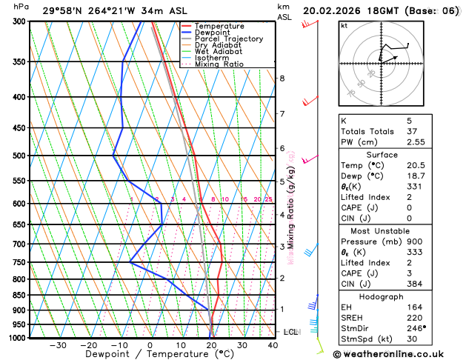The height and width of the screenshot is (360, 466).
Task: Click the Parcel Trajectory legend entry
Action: click(x=228, y=39)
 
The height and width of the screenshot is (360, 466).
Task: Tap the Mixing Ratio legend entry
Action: click(x=219, y=64)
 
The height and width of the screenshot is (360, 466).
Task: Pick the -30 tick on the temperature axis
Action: click(x=58, y=345)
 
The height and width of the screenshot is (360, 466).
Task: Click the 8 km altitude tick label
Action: click(x=282, y=78)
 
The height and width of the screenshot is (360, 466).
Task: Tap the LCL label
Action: click(x=290, y=332)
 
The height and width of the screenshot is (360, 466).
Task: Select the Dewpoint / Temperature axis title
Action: click(x=147, y=355)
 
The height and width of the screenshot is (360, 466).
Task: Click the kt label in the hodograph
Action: click(x=344, y=25)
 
